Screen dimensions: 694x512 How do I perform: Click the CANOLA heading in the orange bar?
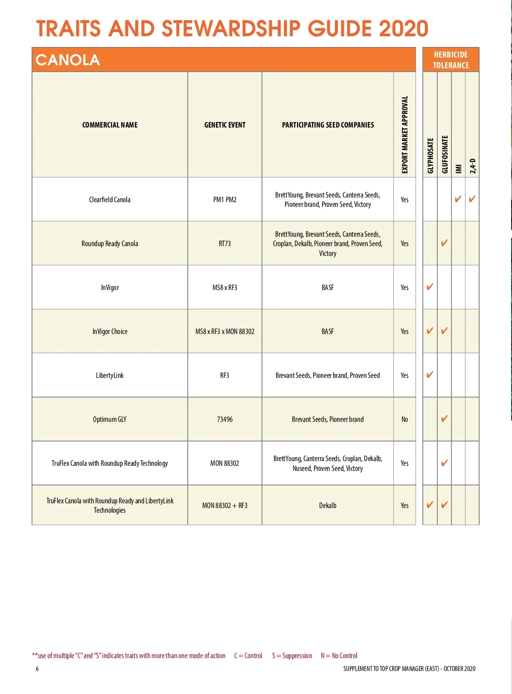(x=68, y=60)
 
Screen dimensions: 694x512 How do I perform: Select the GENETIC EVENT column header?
(x=225, y=125)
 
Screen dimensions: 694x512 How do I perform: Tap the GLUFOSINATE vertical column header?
(x=445, y=154)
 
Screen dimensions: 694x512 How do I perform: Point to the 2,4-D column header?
(x=472, y=166)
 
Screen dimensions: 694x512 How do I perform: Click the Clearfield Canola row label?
(x=110, y=200)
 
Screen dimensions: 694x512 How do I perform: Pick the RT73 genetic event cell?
(x=225, y=244)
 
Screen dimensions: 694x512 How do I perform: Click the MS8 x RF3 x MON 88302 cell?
(x=225, y=331)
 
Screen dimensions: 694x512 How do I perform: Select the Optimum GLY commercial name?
(x=110, y=419)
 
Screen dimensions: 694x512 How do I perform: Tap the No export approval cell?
(x=404, y=419)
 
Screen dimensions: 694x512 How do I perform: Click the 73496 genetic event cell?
(x=225, y=419)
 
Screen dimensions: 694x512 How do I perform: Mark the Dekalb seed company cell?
(x=328, y=505)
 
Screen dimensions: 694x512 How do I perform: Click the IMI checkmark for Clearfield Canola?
(x=458, y=199)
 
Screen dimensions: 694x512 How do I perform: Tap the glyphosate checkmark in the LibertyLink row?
(x=430, y=375)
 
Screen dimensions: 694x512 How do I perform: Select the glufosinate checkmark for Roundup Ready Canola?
(x=444, y=243)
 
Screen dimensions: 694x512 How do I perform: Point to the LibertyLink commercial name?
(x=110, y=375)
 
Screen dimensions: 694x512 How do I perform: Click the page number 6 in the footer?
(x=37, y=668)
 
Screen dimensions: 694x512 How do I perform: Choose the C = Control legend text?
(x=248, y=656)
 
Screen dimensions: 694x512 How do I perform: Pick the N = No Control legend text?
(x=339, y=656)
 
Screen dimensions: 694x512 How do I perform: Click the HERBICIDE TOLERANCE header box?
(x=451, y=60)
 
